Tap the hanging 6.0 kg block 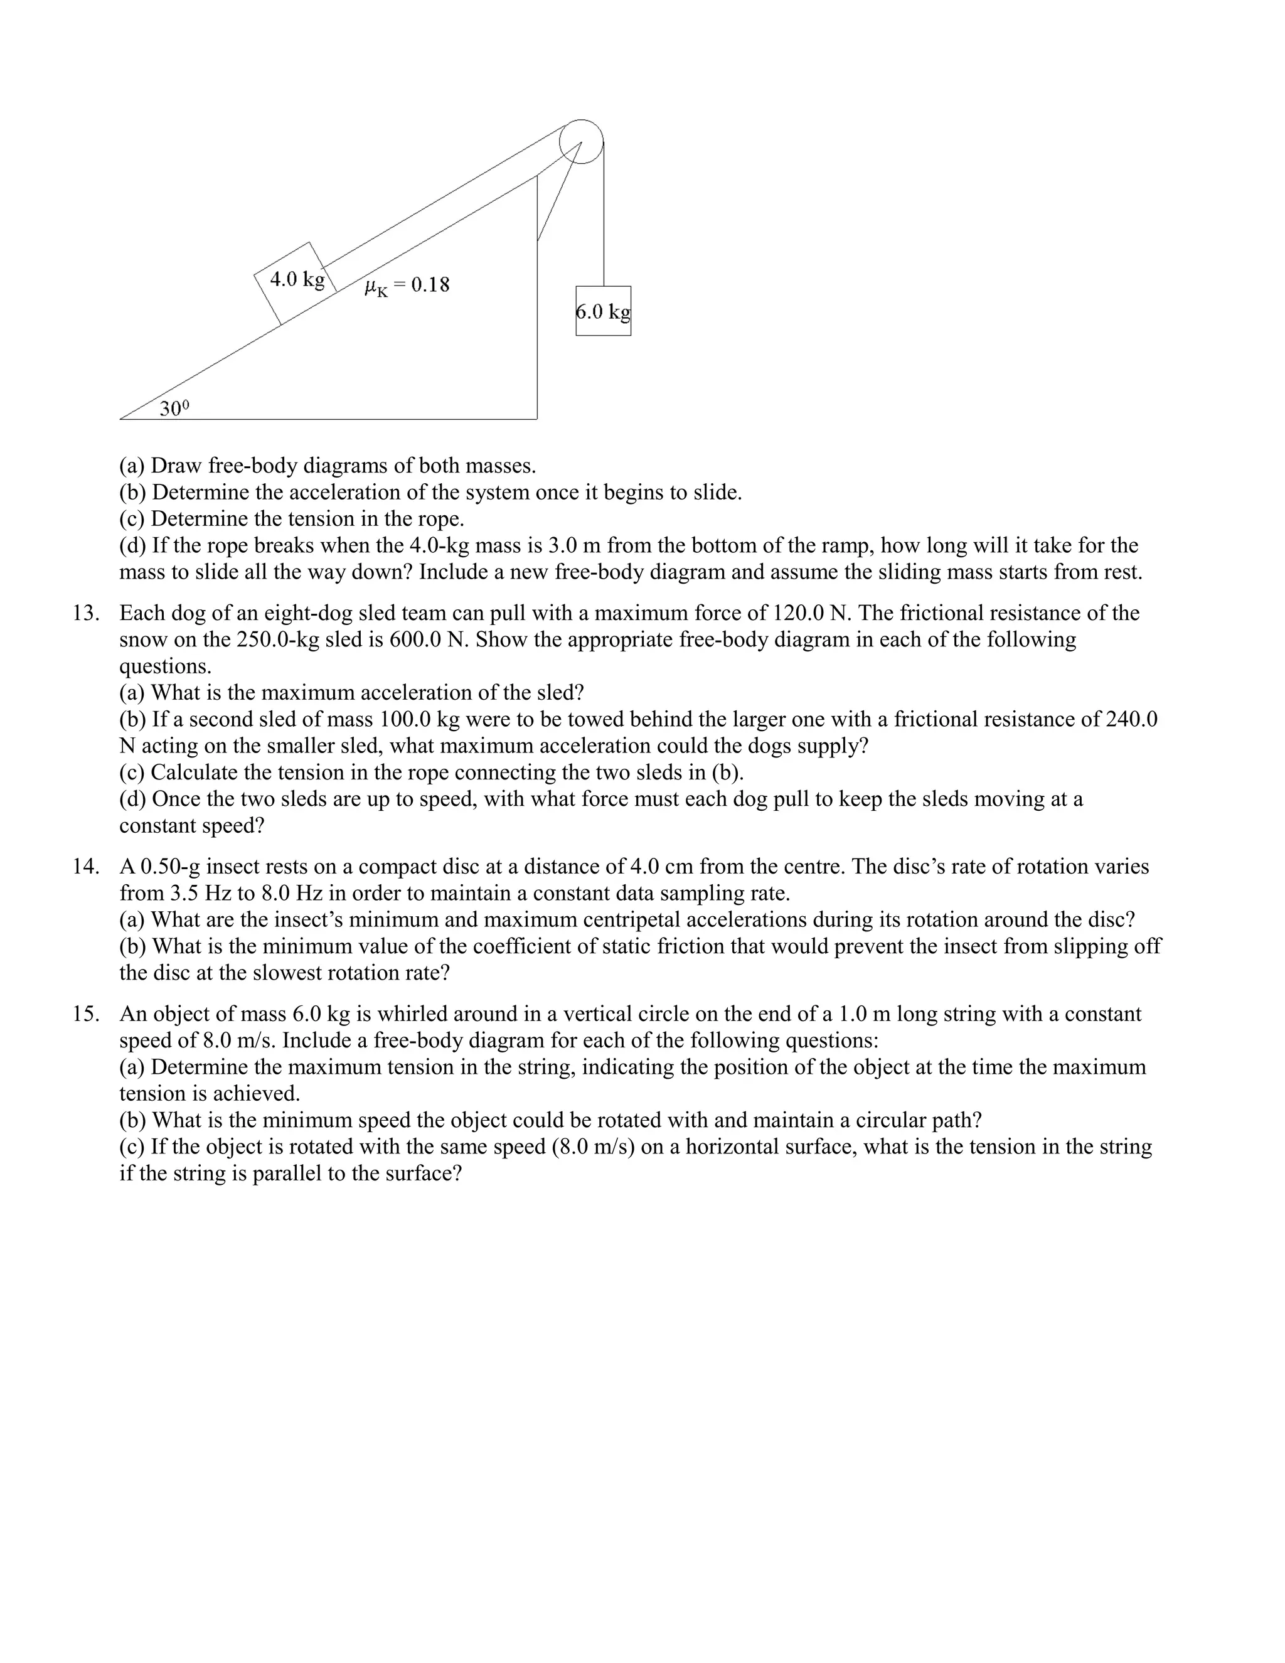(603, 311)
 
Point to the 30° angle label (174, 409)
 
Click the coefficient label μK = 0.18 (407, 286)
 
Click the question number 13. (85, 613)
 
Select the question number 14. (85, 867)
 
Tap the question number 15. (85, 1014)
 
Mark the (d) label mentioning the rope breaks (132, 545)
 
